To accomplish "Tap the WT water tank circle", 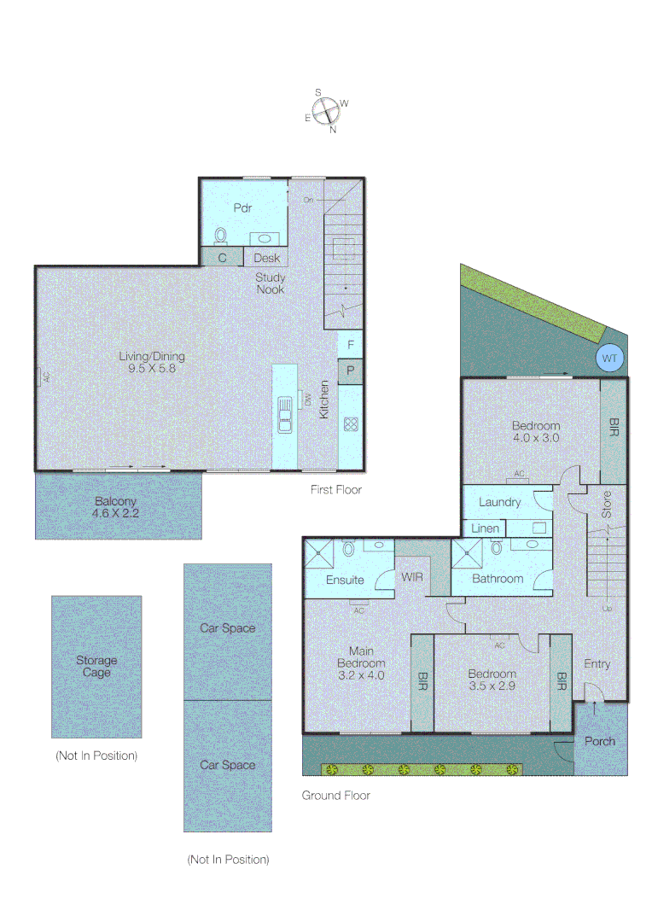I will (608, 359).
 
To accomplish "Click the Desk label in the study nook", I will (266, 258).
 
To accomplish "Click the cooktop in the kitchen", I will (350, 423).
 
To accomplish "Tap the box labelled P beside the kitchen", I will (350, 372).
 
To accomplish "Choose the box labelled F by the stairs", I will (350, 345).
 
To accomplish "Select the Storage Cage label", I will (96, 666).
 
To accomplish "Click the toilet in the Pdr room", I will (222, 235).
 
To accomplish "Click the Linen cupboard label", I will (485, 529).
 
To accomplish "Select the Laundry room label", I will (499, 502).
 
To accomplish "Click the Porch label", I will (599, 741).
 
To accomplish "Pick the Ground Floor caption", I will (336, 795).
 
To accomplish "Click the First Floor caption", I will (336, 490).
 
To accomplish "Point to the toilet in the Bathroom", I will (496, 550).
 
